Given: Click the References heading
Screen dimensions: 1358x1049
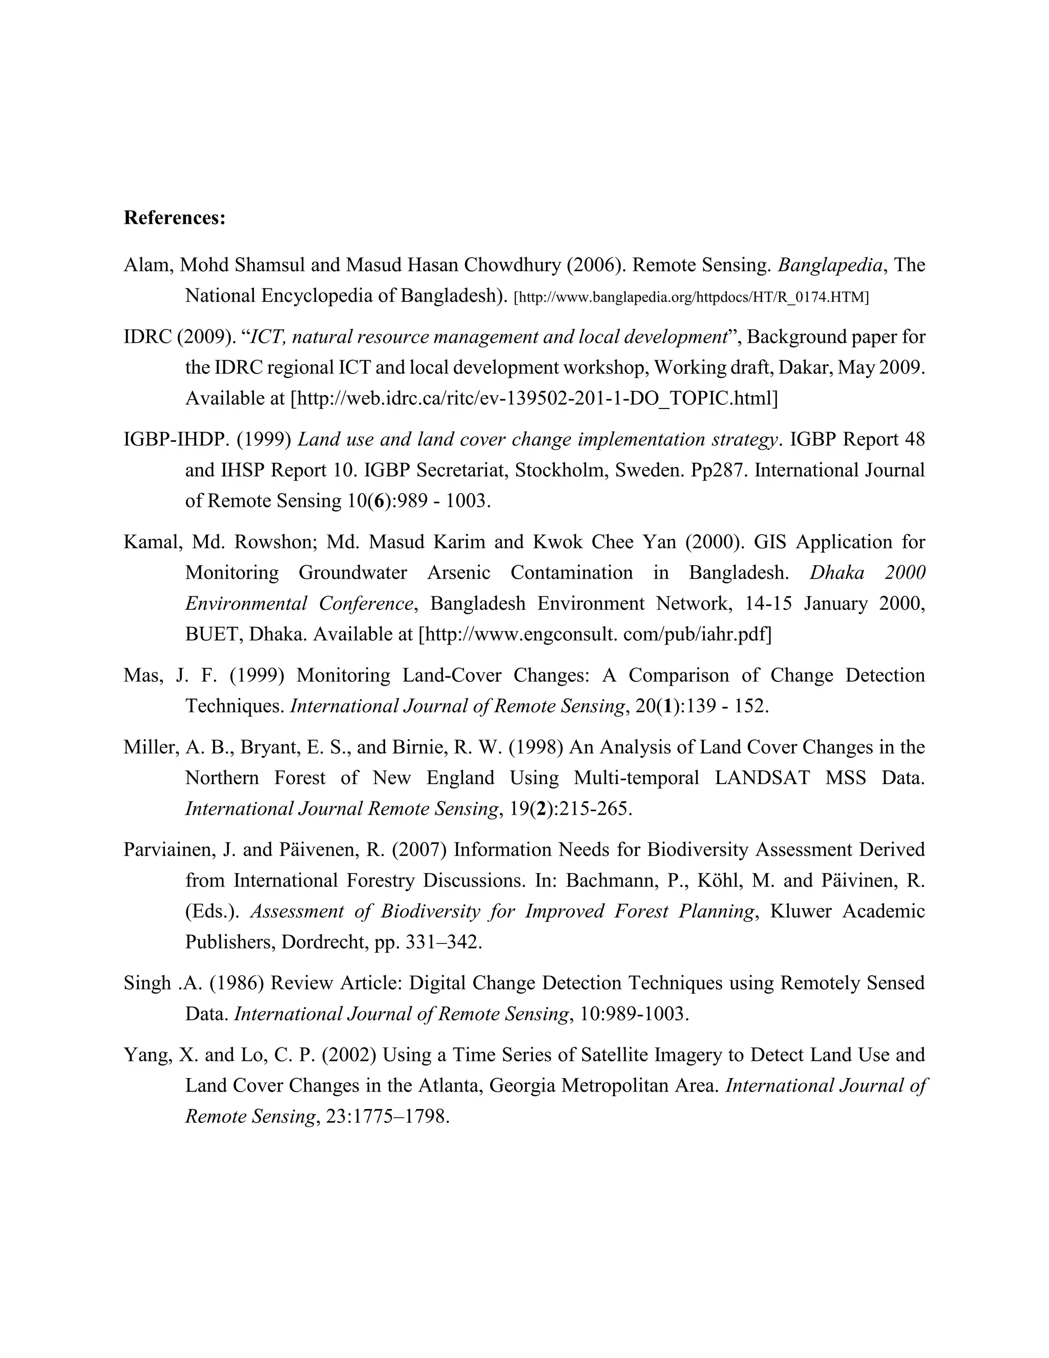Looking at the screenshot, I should click(174, 218).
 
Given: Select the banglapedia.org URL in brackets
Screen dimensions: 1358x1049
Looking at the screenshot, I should click(691, 297).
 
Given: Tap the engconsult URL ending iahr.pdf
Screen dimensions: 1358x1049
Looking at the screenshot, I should click(595, 634).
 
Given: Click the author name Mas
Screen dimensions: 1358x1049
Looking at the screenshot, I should click(140, 675).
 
